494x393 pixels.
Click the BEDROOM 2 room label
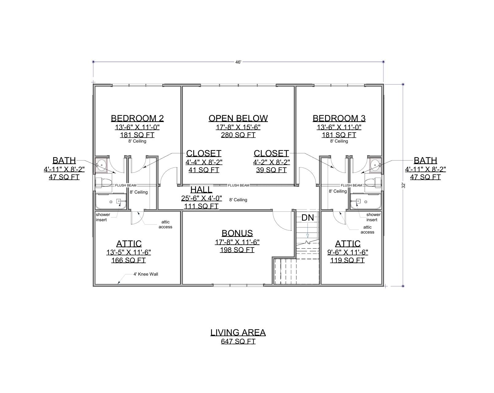click(137, 118)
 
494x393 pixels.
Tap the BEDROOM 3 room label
click(339, 118)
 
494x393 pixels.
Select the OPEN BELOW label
click(238, 118)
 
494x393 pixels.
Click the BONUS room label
click(237, 233)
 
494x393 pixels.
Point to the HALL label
click(201, 190)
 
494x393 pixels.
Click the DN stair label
click(308, 218)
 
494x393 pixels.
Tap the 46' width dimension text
click(238, 62)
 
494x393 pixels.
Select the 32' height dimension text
click(403, 185)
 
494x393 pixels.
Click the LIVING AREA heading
click(238, 332)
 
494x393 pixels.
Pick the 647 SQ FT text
click(238, 341)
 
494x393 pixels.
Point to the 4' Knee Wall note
click(146, 274)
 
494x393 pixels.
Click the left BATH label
click(64, 160)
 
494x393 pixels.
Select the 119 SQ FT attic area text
click(347, 260)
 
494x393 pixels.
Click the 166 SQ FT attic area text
click(128, 260)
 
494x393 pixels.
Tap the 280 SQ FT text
click(238, 135)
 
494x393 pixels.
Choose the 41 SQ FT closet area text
click(204, 170)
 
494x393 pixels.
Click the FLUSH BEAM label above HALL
click(238, 185)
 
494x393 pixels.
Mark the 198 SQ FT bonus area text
click(237, 250)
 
